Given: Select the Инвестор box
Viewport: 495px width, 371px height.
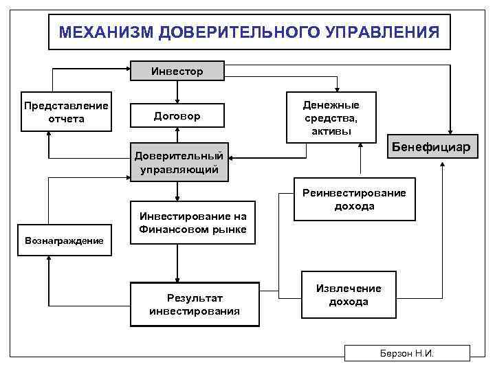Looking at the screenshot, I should [177, 71].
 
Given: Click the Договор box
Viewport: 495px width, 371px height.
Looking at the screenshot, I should [177, 116].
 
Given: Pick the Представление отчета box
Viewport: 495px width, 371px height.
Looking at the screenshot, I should [66, 112].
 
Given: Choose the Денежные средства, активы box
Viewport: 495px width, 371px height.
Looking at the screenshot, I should [331, 117].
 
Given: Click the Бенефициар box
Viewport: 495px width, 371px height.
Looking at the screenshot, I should [430, 147].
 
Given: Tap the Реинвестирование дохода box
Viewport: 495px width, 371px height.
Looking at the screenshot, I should [354, 200].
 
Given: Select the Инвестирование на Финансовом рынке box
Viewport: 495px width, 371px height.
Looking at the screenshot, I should [192, 223].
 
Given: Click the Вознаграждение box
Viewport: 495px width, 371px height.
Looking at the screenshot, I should [64, 240].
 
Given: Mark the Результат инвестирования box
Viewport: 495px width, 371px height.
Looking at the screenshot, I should [195, 303].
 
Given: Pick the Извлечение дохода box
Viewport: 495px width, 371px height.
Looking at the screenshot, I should [349, 295].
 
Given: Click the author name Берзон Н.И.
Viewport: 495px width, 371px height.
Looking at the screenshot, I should [407, 353].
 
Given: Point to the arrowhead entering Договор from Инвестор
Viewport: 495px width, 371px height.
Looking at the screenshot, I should [177, 101].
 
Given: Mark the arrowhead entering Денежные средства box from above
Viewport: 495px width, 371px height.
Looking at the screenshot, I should [336, 89].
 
